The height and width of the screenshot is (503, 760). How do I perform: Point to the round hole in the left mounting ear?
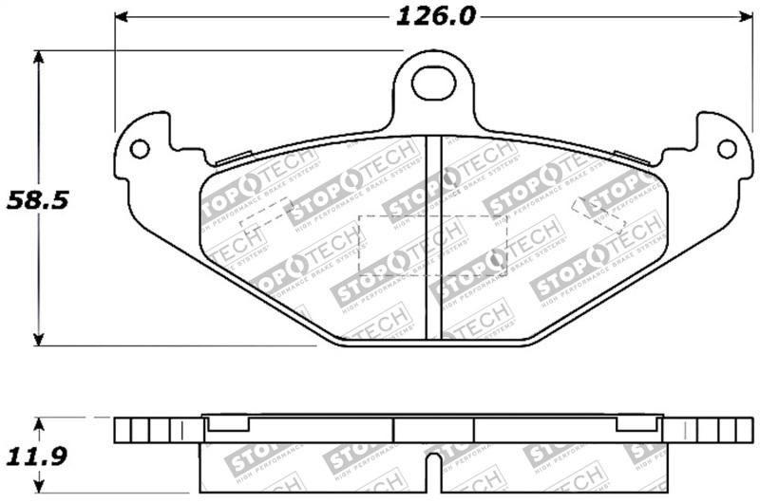tap(140, 149)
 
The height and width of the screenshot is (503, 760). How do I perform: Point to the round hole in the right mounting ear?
tap(727, 149)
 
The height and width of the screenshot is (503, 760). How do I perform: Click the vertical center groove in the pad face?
tap(434, 237)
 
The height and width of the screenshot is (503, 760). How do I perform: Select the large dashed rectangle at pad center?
tap(433, 246)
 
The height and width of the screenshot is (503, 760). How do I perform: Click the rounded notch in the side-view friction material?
tap(433, 466)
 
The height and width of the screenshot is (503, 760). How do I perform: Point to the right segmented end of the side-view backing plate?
tap(712, 431)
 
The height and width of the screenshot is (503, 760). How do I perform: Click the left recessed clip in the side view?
tap(229, 423)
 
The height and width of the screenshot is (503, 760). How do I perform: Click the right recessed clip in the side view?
tap(638, 423)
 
